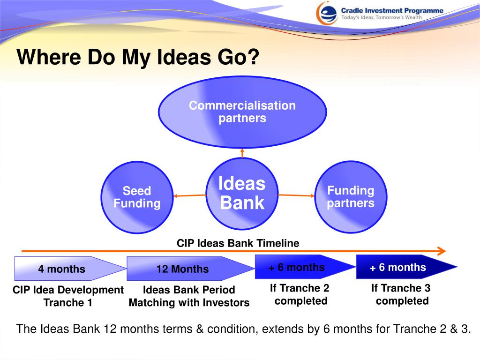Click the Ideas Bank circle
pos(242,194)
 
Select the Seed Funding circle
pos(137,197)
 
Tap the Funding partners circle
pos(351,197)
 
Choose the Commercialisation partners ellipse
pos(242,112)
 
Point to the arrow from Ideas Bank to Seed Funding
pos(190,195)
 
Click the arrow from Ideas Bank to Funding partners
pos(296,195)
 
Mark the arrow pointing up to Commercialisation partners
pos(242,153)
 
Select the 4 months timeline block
pos(70,269)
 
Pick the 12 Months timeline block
pos(191,269)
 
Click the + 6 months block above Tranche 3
pos(407,267)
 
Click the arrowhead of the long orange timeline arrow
pos(442,251)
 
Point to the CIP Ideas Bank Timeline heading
pos(238,243)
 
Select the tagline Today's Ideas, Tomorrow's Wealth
pos(382,17)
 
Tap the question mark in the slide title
pos(254,57)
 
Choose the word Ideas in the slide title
pos(184,57)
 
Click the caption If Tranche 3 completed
pos(401,294)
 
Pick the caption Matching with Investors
pos(189,302)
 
